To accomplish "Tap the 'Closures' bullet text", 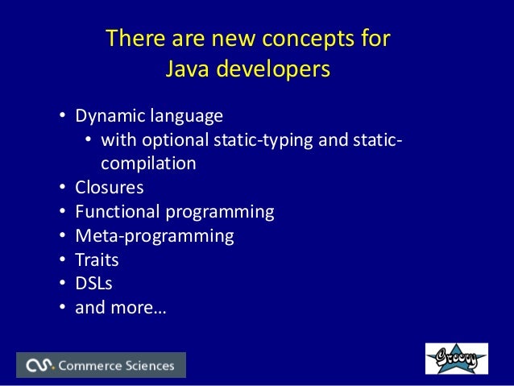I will point(110,188).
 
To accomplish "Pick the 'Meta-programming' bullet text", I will point(155,236).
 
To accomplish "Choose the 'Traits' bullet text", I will point(97,259).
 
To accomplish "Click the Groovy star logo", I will point(456,359).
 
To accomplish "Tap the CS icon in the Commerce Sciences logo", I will point(39,366).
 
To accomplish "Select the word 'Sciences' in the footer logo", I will point(150,366).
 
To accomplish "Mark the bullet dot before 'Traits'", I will point(62,260).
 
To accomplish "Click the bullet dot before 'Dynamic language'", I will point(62,117).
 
